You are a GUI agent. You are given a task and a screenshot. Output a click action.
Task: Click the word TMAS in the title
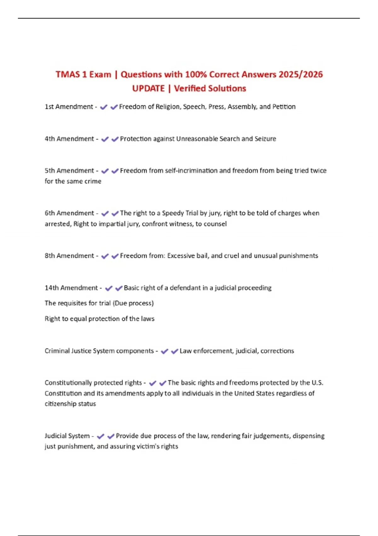[x=68, y=74]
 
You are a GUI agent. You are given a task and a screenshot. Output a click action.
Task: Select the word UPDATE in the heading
[x=148, y=88]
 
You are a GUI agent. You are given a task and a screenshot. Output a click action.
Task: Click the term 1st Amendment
[x=69, y=107]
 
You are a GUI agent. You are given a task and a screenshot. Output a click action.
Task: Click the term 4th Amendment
[x=69, y=139]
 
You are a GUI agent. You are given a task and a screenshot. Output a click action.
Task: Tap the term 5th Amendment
[x=69, y=171]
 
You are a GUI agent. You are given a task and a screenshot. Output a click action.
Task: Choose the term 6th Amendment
[x=69, y=213]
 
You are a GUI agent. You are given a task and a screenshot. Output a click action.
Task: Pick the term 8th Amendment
[x=69, y=256]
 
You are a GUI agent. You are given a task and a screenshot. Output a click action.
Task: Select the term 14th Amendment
[x=71, y=288]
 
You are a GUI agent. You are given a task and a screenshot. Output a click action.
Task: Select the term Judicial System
[x=67, y=436]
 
